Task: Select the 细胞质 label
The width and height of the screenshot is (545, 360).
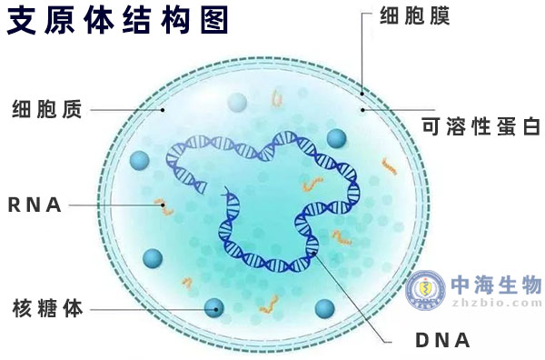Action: pyautogui.click(x=48, y=110)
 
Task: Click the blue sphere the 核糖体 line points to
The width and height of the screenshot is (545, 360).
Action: pyautogui.click(x=214, y=307)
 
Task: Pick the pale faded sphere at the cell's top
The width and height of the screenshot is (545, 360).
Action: pyautogui.click(x=238, y=103)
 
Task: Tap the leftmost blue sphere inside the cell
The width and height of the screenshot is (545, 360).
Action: pyautogui.click(x=139, y=161)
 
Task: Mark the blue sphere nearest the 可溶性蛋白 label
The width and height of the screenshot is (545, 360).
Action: pyautogui.click(x=337, y=138)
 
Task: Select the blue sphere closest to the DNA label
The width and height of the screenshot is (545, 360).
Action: pyautogui.click(x=324, y=308)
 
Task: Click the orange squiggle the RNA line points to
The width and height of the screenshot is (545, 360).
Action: pyautogui.click(x=163, y=206)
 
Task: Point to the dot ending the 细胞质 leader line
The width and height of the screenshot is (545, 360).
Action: pyautogui.click(x=163, y=110)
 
